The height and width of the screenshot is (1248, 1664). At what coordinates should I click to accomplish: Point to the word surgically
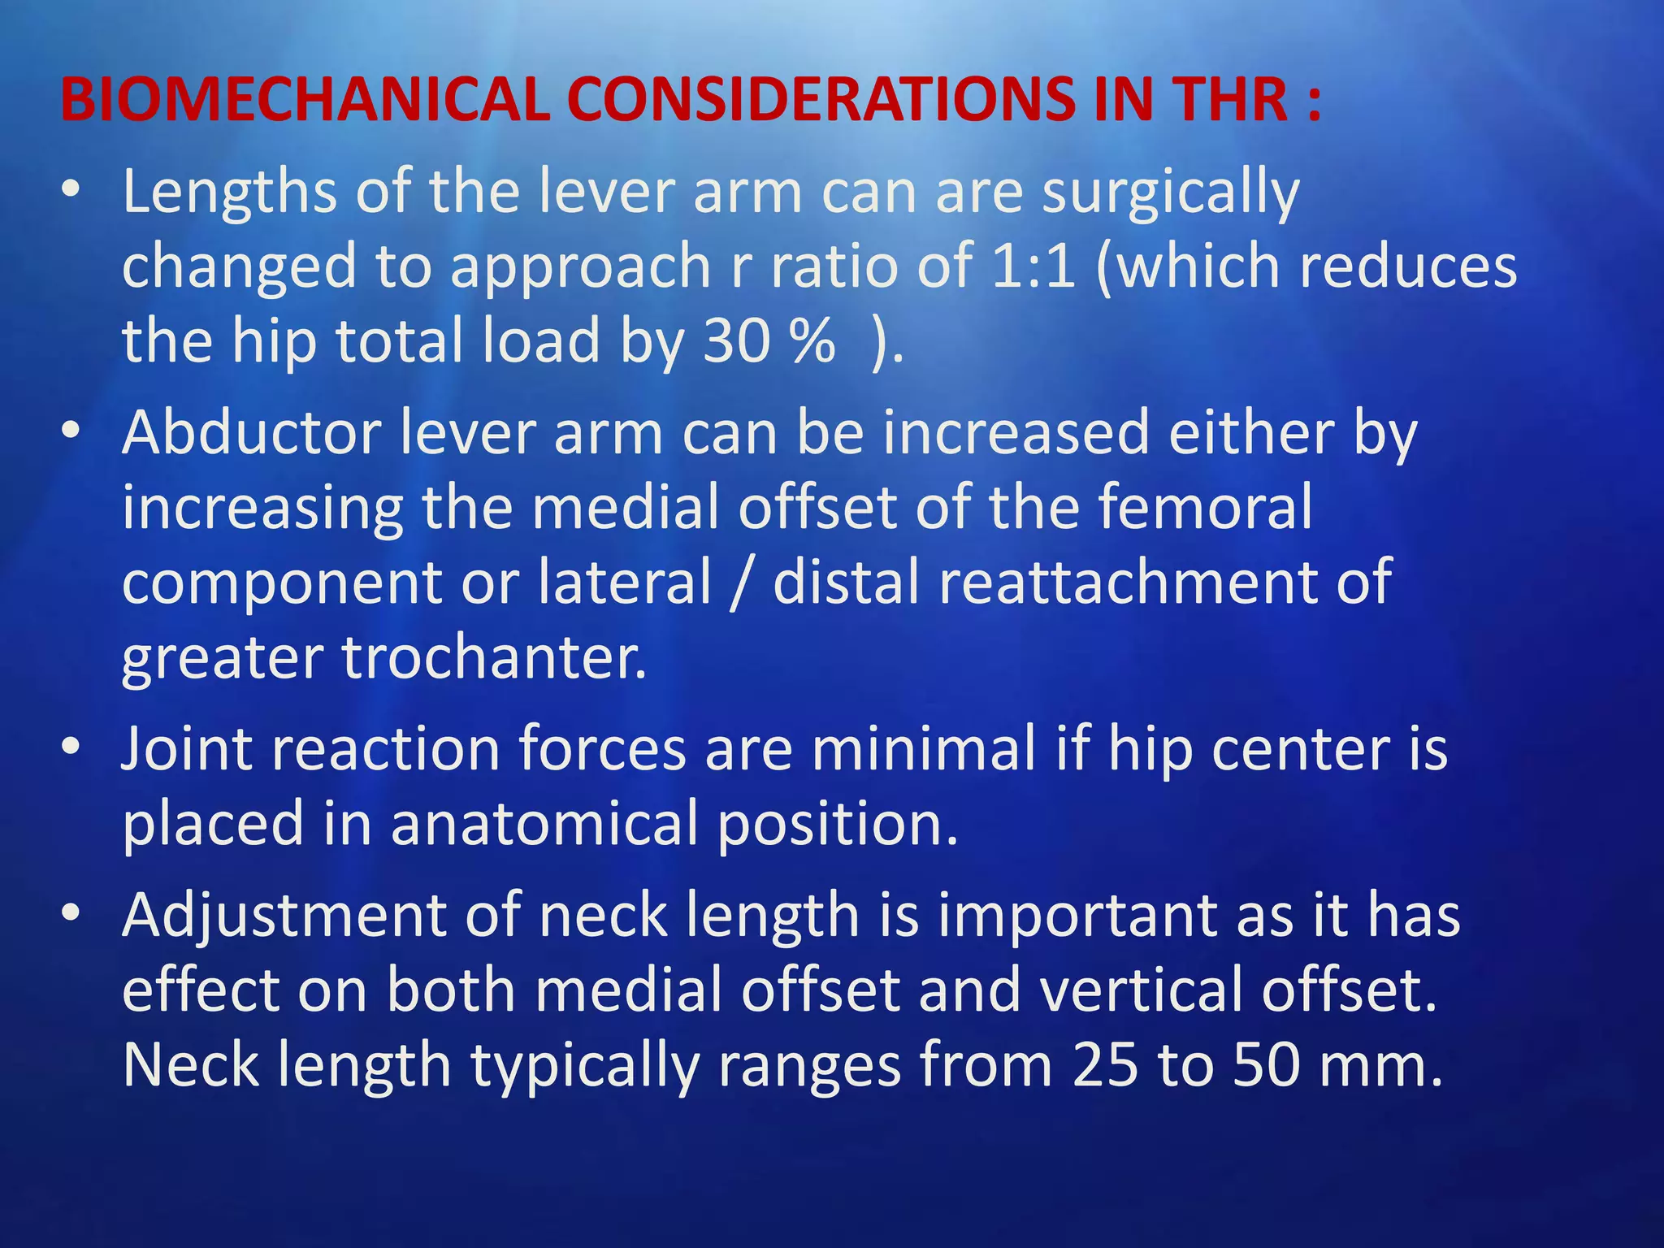pyautogui.click(x=1171, y=193)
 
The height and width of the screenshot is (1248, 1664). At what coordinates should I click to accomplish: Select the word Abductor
pyautogui.click(x=252, y=433)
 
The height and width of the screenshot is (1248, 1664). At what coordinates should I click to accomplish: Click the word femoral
pyautogui.click(x=1206, y=507)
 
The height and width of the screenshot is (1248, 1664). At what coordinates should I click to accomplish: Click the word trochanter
pyautogui.click(x=494, y=657)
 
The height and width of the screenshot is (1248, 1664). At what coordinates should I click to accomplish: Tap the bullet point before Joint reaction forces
pyautogui.click(x=71, y=745)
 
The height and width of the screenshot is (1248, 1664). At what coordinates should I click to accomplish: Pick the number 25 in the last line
pyautogui.click(x=1105, y=1065)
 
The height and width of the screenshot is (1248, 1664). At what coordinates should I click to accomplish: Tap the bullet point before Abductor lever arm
pyautogui.click(x=71, y=430)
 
